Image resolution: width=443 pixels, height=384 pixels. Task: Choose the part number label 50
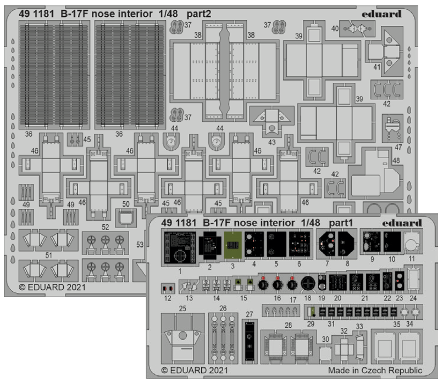[126, 204]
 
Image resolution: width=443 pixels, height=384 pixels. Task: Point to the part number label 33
[359, 326]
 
